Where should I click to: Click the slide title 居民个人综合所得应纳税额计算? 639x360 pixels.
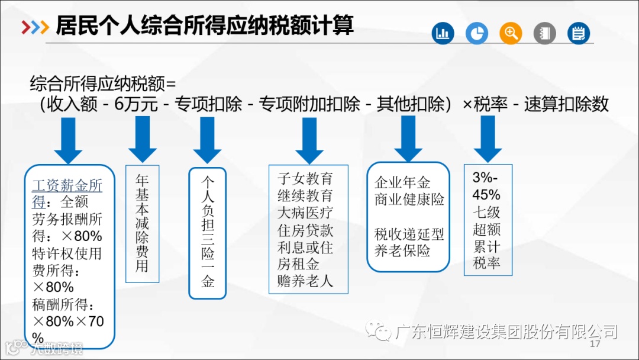[x=205, y=26]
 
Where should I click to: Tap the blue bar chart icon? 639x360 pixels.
[x=443, y=33]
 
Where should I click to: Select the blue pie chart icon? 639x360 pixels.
[x=476, y=33]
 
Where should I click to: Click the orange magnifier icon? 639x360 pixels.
[x=511, y=33]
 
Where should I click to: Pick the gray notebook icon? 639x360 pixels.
[x=545, y=33]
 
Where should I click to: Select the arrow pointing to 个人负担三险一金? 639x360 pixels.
[x=207, y=139]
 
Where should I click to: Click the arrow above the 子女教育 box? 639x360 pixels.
[x=309, y=139]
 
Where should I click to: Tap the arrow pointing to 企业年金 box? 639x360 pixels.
[x=408, y=137]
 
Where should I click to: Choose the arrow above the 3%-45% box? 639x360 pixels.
[x=488, y=137]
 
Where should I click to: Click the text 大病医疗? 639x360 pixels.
[x=305, y=212]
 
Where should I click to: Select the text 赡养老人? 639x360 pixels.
[x=305, y=281]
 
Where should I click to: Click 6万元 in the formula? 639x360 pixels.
[x=136, y=105]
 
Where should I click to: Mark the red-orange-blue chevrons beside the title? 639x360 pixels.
[x=34, y=27]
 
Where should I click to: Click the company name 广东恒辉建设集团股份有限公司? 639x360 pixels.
[x=506, y=331]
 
